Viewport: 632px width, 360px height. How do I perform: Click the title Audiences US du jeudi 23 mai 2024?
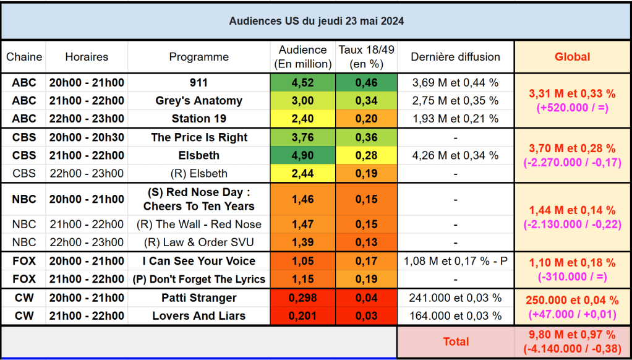pyautogui.click(x=316, y=21)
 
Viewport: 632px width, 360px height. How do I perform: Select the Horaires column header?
pyautogui.click(x=87, y=57)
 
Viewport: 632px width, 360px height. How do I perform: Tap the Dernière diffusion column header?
pyautogui.click(x=456, y=57)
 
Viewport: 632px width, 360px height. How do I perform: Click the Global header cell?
pyautogui.click(x=572, y=57)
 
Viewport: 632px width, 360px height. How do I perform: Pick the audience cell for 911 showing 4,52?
pyautogui.click(x=303, y=83)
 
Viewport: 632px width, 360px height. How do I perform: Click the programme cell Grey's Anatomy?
pyautogui.click(x=199, y=101)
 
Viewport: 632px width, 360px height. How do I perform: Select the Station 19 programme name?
pyautogui.click(x=199, y=119)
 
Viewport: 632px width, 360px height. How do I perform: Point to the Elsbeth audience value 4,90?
pyautogui.click(x=303, y=155)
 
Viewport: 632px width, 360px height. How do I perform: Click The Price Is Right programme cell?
pyautogui.click(x=199, y=137)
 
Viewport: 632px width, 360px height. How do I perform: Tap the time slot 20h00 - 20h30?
pyautogui.click(x=87, y=137)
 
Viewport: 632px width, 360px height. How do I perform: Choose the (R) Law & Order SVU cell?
pyautogui.click(x=199, y=242)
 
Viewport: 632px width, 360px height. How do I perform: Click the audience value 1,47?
pyautogui.click(x=303, y=225)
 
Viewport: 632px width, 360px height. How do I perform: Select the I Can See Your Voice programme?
pyautogui.click(x=199, y=261)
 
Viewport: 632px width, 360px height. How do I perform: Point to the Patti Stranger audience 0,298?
pyautogui.click(x=303, y=298)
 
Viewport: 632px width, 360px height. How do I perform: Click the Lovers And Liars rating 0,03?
pyautogui.click(x=367, y=316)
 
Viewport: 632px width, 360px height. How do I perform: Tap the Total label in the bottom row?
pyautogui.click(x=456, y=341)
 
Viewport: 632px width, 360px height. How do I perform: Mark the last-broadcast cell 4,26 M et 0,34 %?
pyautogui.click(x=456, y=155)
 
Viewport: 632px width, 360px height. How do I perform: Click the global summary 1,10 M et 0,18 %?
pyautogui.click(x=572, y=263)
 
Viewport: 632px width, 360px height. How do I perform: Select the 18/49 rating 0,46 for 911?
pyautogui.click(x=367, y=83)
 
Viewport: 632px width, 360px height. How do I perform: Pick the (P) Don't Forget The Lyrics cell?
pyautogui.click(x=199, y=279)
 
